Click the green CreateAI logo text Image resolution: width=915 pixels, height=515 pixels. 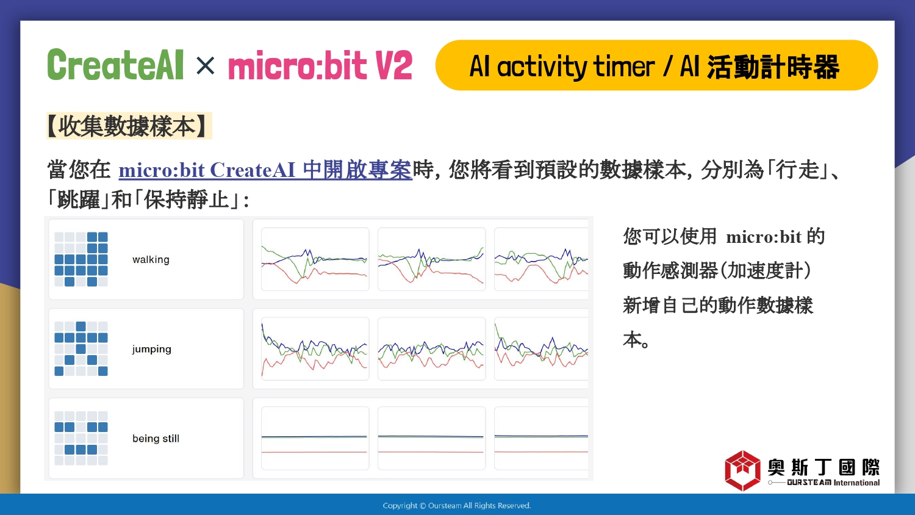[x=115, y=65]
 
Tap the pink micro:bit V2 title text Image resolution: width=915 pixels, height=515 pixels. [x=320, y=65]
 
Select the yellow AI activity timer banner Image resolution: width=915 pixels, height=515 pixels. [x=656, y=65]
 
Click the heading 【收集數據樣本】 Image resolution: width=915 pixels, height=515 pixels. [x=129, y=126]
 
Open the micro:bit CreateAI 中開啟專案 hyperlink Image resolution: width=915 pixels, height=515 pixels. [x=265, y=170]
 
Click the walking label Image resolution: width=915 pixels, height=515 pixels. [x=151, y=259]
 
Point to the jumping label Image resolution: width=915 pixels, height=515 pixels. [x=151, y=350]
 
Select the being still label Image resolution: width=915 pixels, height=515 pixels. [x=156, y=439]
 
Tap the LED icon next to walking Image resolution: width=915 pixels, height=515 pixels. [x=81, y=259]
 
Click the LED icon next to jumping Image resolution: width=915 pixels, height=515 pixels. [x=81, y=348]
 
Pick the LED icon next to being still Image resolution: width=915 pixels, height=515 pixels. [x=81, y=438]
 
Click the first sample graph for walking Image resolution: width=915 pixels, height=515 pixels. [x=315, y=259]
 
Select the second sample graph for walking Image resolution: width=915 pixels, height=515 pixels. [x=432, y=259]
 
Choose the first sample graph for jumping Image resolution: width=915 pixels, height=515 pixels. [x=315, y=348]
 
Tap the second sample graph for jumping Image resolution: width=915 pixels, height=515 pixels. [x=432, y=348]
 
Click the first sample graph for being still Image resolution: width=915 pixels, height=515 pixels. [x=315, y=438]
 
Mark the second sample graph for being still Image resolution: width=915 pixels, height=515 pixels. [x=432, y=438]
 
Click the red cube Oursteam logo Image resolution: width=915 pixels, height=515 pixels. [x=742, y=470]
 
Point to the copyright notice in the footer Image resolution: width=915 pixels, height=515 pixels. [x=457, y=506]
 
